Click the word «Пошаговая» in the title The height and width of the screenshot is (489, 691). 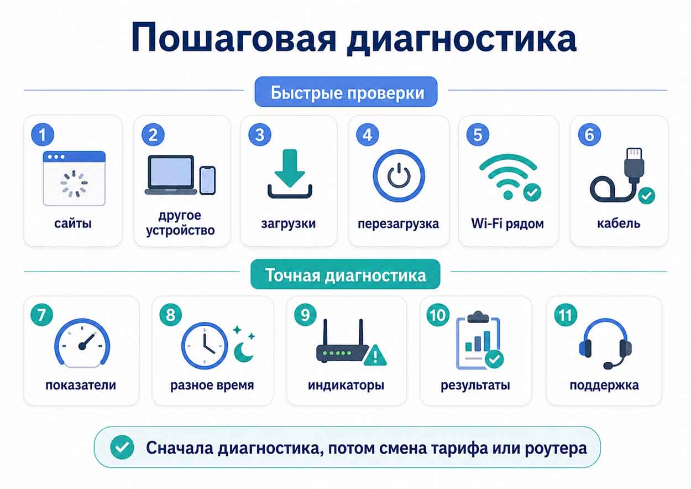pyautogui.click(x=233, y=38)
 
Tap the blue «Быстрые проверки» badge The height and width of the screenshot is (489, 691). pyautogui.click(x=346, y=92)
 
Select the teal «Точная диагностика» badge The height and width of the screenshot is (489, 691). pyautogui.click(x=345, y=274)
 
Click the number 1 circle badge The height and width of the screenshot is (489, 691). pyautogui.click(x=43, y=134)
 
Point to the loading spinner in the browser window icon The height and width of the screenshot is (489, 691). pyautogui.click(x=74, y=184)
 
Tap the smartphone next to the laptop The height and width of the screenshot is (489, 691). pyautogui.click(x=208, y=180)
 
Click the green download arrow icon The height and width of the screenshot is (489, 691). pyautogui.click(x=290, y=168)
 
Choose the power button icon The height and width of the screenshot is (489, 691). pyautogui.click(x=399, y=176)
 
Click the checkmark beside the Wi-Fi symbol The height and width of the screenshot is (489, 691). pyautogui.click(x=532, y=193)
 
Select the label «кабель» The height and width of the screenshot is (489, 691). pyautogui.click(x=619, y=223)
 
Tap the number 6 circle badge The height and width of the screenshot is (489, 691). pyautogui.click(x=589, y=134)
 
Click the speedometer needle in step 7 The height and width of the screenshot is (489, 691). pyautogui.click(x=87, y=341)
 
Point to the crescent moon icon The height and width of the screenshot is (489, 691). pyautogui.click(x=244, y=352)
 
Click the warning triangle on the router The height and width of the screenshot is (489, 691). pyautogui.click(x=375, y=356)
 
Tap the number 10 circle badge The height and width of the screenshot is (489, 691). pyautogui.click(x=438, y=315)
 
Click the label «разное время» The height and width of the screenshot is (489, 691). pyautogui.click(x=212, y=385)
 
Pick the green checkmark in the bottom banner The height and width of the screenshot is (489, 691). pyautogui.click(x=122, y=448)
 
